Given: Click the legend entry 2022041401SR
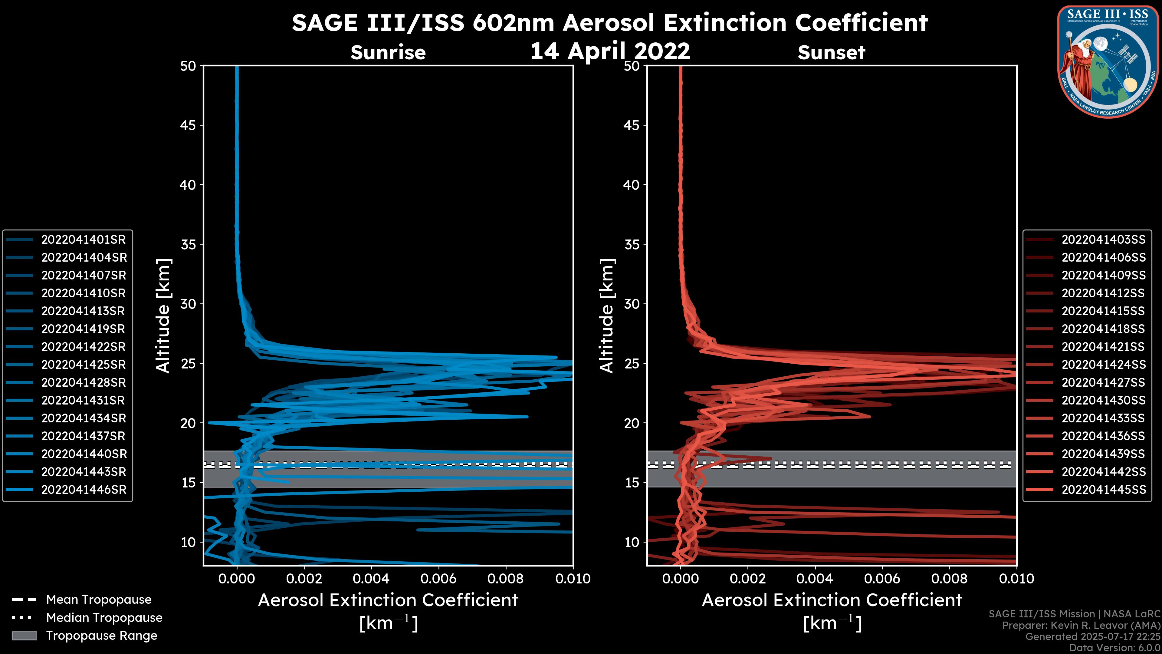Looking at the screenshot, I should (x=84, y=240).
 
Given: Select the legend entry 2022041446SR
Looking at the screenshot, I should (x=84, y=490).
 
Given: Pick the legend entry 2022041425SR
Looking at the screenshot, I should (x=84, y=365).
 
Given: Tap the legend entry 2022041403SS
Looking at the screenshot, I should (x=1103, y=240).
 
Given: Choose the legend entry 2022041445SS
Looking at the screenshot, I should (x=1103, y=490).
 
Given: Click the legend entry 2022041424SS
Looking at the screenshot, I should (x=1103, y=365).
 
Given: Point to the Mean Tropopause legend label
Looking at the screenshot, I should (x=98, y=600).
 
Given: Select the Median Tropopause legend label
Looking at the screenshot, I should (x=104, y=618).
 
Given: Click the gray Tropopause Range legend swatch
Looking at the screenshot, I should (x=24, y=636).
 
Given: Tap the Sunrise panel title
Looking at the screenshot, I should (x=388, y=53).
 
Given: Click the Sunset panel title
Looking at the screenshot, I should (x=831, y=53).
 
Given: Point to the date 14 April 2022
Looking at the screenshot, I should (x=610, y=51).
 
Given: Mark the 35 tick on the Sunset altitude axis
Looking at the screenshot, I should (x=632, y=245).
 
